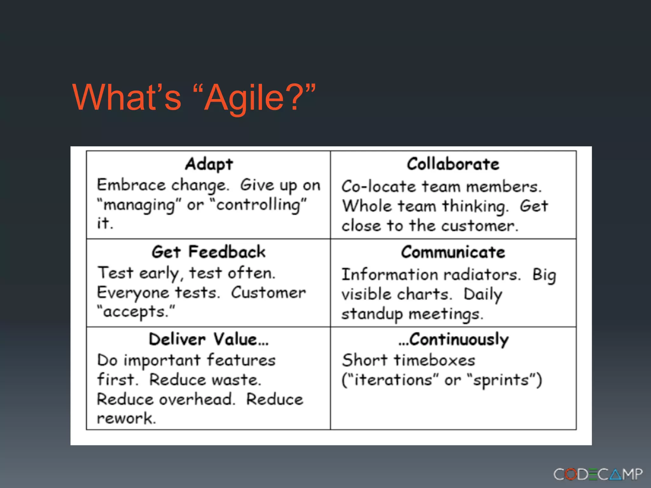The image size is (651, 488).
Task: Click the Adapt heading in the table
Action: click(x=209, y=164)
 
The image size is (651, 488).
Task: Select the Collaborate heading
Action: click(x=453, y=164)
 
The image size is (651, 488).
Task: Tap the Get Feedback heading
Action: click(x=208, y=252)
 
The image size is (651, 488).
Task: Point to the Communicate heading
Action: click(x=453, y=252)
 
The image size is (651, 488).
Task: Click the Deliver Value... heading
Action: click(x=209, y=339)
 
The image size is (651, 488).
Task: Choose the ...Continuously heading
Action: click(x=454, y=340)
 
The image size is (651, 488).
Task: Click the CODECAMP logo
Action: click(x=598, y=474)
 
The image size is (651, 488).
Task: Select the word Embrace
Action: click(x=131, y=185)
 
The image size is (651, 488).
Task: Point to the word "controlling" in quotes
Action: click(x=258, y=205)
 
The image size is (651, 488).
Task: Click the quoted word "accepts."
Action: click(x=136, y=312)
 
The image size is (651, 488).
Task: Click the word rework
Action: click(x=126, y=418)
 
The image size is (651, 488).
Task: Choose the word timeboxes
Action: click(x=435, y=360)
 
